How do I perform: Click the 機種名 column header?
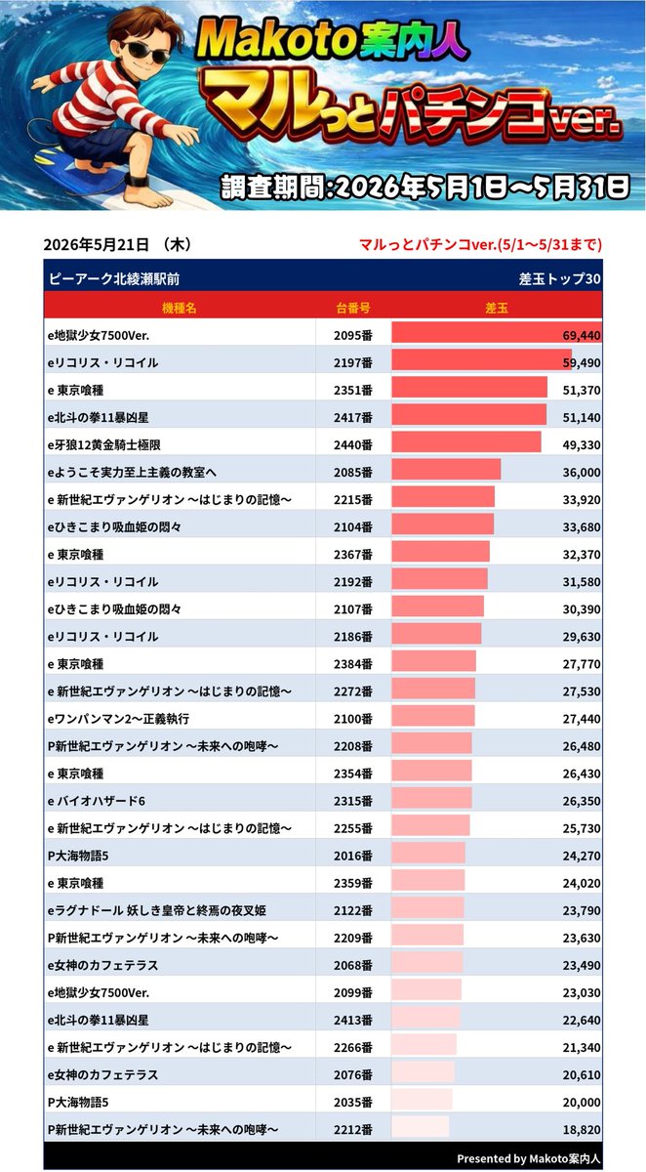coord(180,308)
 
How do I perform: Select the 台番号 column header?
coord(353,308)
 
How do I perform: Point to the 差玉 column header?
coord(497,308)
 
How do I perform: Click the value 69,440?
coord(582,335)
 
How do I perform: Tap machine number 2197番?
coord(353,362)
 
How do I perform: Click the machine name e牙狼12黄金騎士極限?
coord(104,444)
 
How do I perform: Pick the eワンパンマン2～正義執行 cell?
coord(119,719)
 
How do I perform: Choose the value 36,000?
coord(582,473)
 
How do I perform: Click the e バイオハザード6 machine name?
coord(97,801)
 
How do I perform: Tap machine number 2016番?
coord(353,856)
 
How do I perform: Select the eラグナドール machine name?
coord(157,910)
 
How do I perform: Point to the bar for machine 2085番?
coord(446,470)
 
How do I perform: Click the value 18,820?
coord(582,1130)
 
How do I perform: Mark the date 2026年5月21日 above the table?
coord(97,244)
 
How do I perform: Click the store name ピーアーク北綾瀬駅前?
coord(114,279)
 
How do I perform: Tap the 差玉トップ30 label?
coord(560,279)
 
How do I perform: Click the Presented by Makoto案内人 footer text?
coord(528,1158)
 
